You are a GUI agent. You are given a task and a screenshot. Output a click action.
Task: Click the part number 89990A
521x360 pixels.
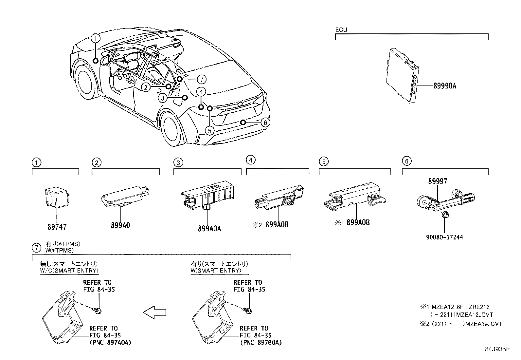444,86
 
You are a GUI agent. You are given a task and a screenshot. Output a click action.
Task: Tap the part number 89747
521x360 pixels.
57,227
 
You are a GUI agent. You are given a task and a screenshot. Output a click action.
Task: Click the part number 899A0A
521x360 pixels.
209,228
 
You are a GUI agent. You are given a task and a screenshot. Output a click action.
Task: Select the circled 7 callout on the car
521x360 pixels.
202,79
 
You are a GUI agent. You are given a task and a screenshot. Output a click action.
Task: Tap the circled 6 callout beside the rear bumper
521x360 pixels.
265,123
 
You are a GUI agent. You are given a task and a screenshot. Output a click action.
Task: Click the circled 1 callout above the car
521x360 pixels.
96,38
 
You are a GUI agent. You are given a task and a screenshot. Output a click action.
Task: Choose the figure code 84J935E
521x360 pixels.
497,349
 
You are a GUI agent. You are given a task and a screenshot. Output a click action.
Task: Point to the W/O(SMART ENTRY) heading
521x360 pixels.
69,271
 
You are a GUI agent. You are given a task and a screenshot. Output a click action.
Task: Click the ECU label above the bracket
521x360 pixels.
341,30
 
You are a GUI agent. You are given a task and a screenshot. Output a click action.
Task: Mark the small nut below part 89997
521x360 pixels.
445,215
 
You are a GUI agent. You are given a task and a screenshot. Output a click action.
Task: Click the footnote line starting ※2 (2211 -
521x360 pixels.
461,324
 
